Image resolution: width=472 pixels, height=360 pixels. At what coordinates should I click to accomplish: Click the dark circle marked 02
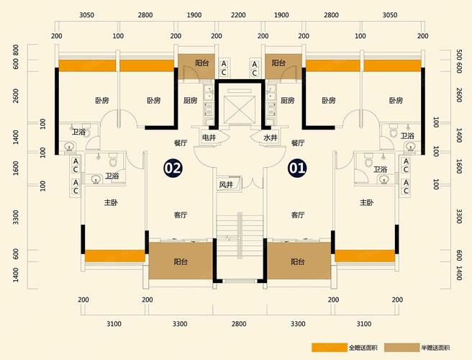coord(173,168)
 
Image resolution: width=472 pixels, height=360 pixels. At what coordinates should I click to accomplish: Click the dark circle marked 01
coord(297,168)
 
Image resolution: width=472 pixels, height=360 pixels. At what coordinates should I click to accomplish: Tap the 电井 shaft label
coord(209,138)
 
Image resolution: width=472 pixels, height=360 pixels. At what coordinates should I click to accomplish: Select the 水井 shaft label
coord(271,138)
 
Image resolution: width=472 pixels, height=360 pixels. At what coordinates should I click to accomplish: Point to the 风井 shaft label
coord(226,185)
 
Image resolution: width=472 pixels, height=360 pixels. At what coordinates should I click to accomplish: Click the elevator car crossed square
coord(240,109)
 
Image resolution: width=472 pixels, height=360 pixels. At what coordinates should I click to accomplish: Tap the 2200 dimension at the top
coord(238,15)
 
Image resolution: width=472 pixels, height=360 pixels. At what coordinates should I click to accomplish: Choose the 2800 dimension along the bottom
coord(239,324)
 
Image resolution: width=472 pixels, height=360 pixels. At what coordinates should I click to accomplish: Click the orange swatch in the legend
coord(330,347)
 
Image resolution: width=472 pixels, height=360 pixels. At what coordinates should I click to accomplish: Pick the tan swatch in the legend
coord(402,347)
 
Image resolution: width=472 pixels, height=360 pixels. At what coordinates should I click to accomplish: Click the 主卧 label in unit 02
coord(111,202)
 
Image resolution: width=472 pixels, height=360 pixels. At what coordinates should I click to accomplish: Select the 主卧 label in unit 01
coord(367,202)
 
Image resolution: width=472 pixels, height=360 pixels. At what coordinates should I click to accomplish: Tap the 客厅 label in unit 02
coord(181,215)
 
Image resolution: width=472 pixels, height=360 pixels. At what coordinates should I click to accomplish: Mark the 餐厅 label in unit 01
coord(298,143)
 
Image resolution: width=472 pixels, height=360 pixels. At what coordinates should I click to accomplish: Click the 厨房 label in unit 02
coord(190,100)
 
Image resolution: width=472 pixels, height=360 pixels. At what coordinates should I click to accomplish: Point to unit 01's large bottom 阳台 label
coord(298,261)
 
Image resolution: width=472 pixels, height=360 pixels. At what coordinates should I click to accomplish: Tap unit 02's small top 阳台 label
coord(202,63)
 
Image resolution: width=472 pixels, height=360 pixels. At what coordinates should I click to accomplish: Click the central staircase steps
coord(240,235)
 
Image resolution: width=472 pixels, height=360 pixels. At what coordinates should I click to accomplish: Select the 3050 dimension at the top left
coord(86,15)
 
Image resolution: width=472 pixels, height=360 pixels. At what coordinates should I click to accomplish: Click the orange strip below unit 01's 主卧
coord(365,256)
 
